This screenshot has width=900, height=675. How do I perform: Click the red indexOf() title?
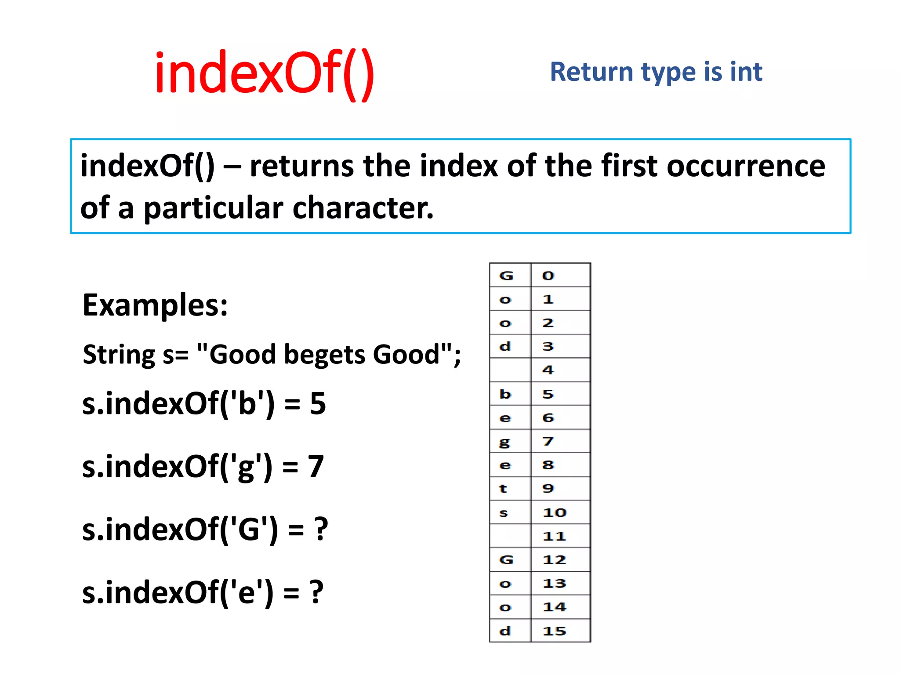[264, 74]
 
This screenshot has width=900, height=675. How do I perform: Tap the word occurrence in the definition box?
[746, 167]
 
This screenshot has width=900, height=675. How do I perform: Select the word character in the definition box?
[363, 208]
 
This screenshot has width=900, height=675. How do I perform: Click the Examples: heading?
[155, 305]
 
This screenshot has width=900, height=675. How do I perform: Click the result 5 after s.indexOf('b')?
[318, 403]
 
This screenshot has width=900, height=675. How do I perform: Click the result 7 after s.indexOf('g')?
[316, 466]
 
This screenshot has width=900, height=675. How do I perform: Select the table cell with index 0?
[560, 276]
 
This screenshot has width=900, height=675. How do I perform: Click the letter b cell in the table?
[510, 394]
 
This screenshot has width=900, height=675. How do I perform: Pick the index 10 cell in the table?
[560, 512]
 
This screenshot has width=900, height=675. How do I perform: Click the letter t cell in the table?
[510, 489]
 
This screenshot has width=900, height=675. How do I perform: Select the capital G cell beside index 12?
[510, 560]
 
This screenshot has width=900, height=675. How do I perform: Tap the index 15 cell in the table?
[560, 631]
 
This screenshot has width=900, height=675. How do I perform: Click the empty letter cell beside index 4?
[510, 370]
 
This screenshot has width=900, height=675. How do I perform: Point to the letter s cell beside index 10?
[510, 512]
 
